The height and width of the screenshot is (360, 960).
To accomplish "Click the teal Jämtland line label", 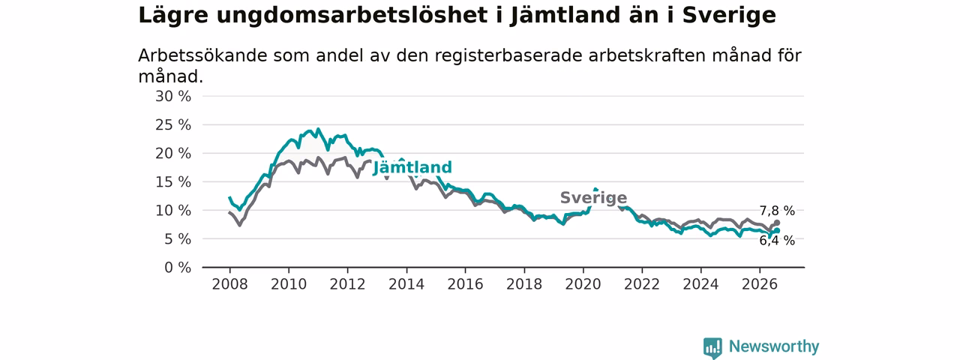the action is [412, 167].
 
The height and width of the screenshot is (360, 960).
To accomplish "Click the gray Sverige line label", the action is [593, 197].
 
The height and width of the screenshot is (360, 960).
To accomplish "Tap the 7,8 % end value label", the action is [777, 211].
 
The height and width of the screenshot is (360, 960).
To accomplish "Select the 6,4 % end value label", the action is [777, 241].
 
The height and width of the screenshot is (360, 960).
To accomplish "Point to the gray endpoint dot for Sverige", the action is [777, 223].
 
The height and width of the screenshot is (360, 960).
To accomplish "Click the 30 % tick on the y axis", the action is [173, 97].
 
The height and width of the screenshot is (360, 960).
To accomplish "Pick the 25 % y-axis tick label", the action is [173, 125].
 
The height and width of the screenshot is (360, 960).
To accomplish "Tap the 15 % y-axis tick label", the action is [173, 182].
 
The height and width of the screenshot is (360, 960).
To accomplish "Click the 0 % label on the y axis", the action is [178, 268].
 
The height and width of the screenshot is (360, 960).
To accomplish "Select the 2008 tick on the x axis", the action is [229, 284].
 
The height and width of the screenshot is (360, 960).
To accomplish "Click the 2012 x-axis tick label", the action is [347, 284].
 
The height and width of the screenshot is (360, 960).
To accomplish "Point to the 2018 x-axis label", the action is [524, 284].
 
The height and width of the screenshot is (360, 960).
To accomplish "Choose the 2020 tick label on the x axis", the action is [583, 284].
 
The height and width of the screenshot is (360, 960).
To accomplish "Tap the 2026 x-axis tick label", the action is [760, 284].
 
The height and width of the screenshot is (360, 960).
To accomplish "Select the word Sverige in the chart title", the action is [729, 16].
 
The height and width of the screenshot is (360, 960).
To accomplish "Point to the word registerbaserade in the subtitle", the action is [508, 55].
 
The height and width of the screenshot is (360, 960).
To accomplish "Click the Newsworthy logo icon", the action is [712, 347].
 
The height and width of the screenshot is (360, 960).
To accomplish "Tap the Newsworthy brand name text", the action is [774, 346].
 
